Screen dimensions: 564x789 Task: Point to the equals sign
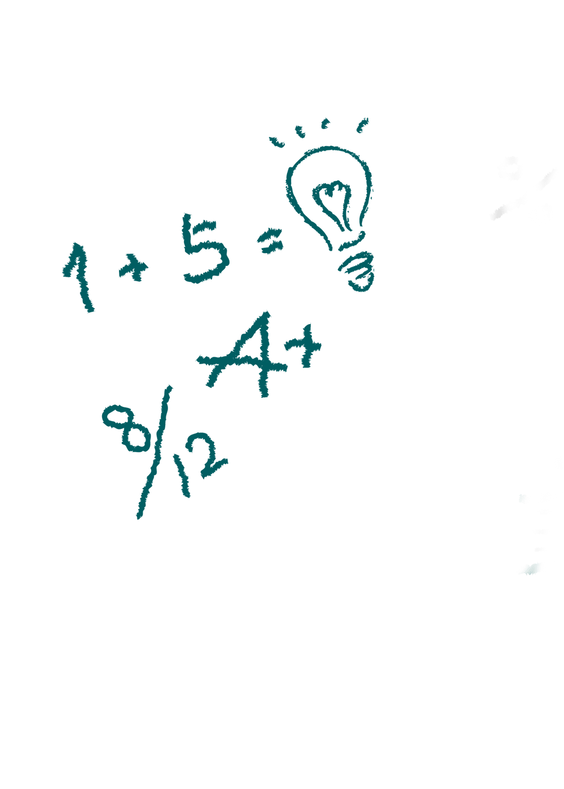(x=270, y=243)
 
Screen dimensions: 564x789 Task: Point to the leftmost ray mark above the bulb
(x=276, y=141)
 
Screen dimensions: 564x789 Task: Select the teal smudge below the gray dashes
(x=531, y=569)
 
